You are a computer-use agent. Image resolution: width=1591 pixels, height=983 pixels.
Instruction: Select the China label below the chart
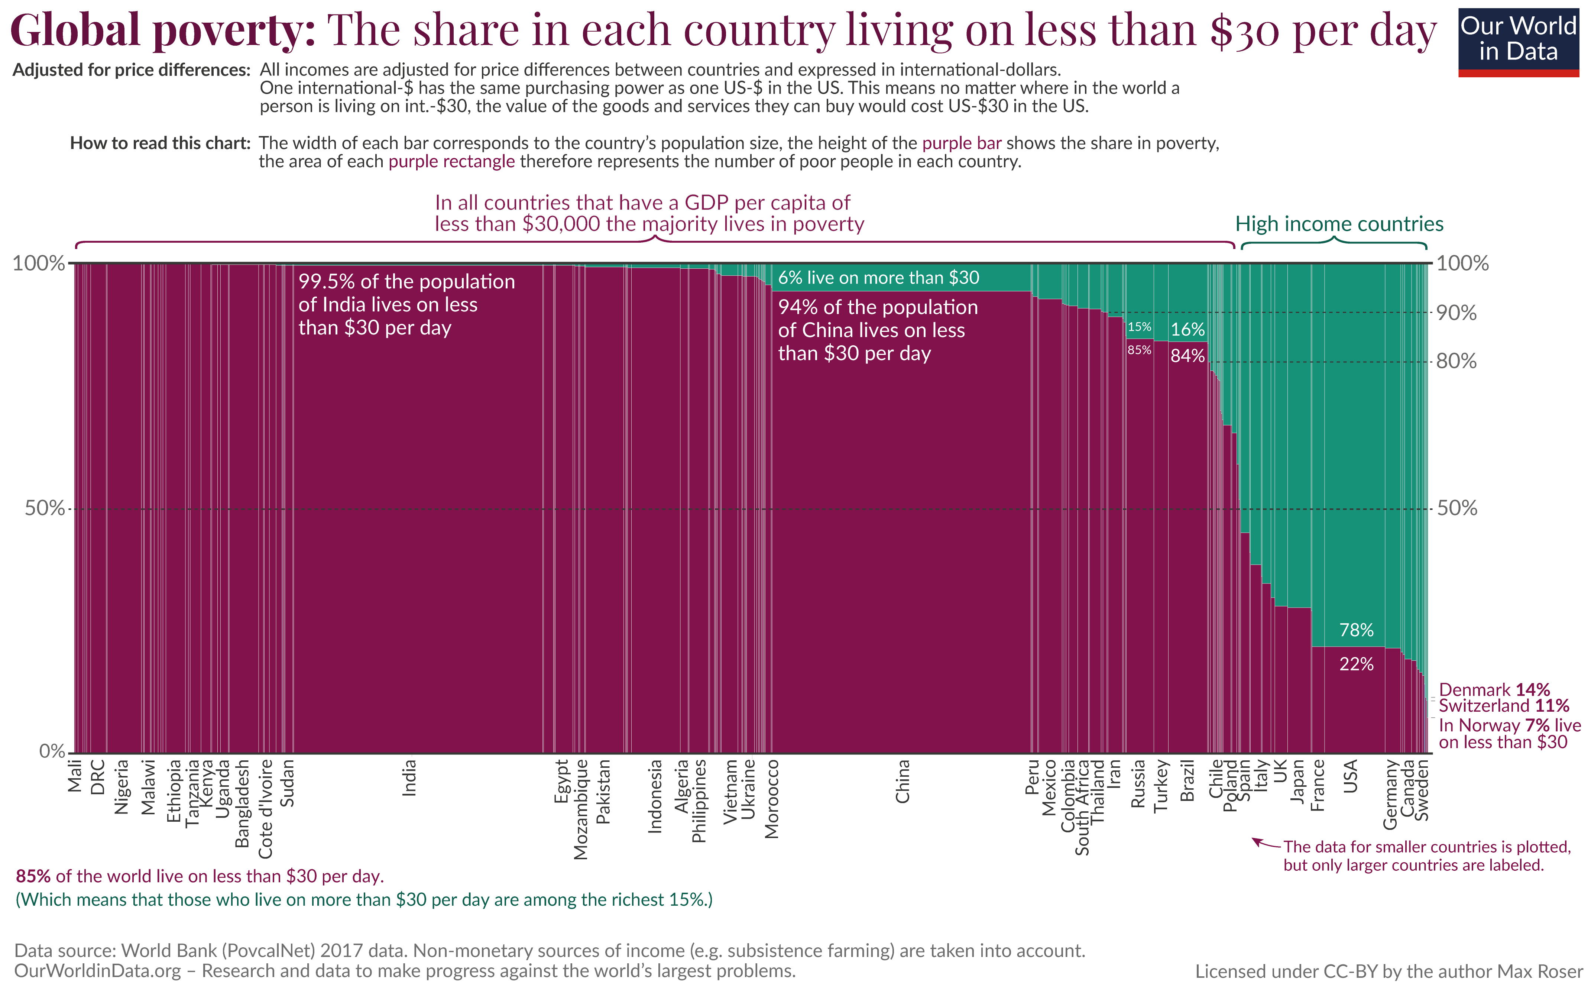(902, 782)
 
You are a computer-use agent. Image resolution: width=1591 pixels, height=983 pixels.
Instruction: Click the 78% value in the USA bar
(1357, 630)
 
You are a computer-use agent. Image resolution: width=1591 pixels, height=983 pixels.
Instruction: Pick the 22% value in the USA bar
(1357, 664)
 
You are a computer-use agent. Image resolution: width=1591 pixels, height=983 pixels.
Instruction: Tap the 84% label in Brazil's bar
(1187, 356)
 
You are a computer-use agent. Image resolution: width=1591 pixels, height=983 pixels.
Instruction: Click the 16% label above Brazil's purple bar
(1187, 330)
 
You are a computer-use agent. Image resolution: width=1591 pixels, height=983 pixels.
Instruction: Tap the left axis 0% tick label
(52, 751)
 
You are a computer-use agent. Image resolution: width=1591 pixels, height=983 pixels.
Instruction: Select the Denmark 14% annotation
(1494, 690)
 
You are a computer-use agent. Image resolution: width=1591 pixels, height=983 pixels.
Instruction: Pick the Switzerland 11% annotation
(1503, 706)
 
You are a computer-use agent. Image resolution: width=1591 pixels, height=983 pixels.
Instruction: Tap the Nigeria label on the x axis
(121, 787)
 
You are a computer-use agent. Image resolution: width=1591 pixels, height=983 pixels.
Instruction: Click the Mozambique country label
(580, 809)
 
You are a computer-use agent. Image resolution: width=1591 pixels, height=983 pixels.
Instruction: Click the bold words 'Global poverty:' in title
(162, 30)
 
